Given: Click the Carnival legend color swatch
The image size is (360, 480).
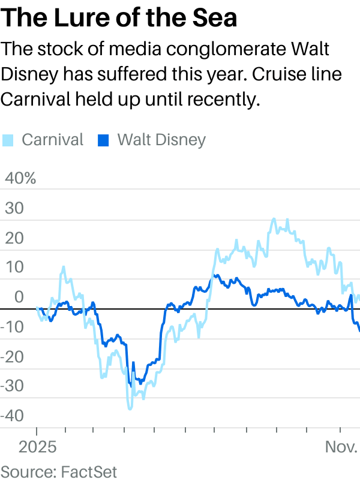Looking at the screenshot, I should pyautogui.click(x=7, y=140).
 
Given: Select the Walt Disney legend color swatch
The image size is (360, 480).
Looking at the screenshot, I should pyautogui.click(x=103, y=140).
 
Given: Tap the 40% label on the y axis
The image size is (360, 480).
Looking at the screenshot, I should pyautogui.click(x=21, y=178).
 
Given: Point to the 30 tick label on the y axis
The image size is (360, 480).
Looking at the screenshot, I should pyautogui.click(x=14, y=208).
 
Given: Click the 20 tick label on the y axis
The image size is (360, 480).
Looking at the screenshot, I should pyautogui.click(x=14, y=238).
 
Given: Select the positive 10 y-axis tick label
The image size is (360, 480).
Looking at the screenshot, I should pyautogui.click(x=14, y=268).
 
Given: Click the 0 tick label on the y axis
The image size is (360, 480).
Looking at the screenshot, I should pyautogui.click(x=19, y=297).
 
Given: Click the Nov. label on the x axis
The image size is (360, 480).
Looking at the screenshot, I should pyautogui.click(x=341, y=448).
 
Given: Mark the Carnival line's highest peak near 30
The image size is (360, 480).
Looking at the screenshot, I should pyautogui.click(x=274, y=219).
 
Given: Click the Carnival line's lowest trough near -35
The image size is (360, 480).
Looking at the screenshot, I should pyautogui.click(x=130, y=409).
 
